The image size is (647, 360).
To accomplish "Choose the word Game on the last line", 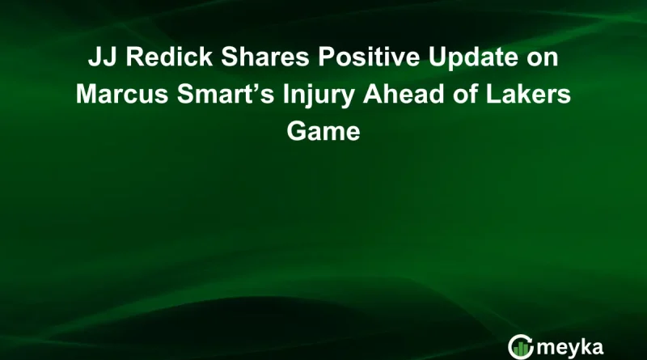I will click(323, 130).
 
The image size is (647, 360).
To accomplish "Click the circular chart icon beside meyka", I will click(519, 345).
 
